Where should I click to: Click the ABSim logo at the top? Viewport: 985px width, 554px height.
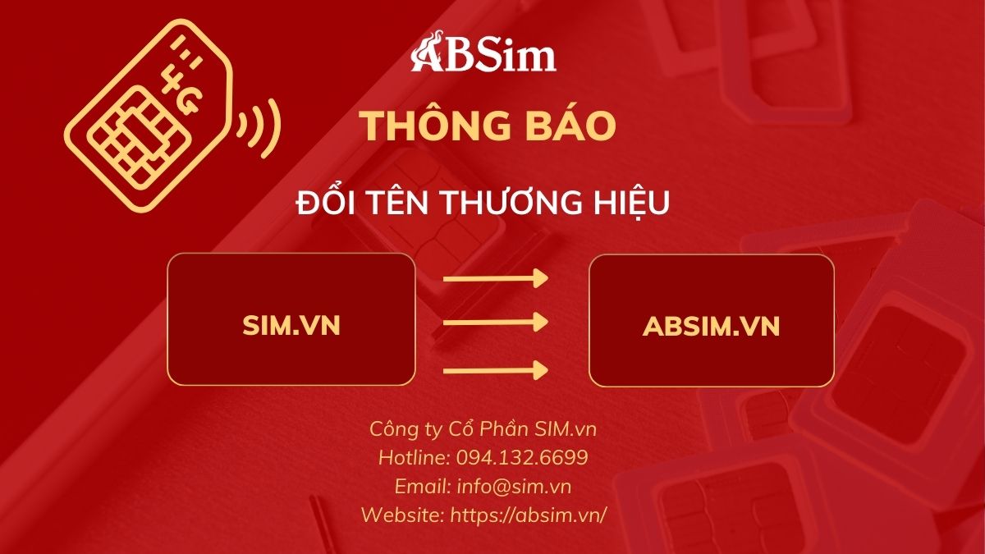483,52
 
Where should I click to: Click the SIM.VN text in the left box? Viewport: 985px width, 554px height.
291,326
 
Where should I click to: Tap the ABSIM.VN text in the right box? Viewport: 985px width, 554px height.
711,327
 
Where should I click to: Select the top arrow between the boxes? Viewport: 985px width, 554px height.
496,279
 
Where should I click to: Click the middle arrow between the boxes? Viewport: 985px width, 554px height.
496,323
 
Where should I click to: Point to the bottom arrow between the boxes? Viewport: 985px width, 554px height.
496,371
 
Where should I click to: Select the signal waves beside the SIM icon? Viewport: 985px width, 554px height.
259,128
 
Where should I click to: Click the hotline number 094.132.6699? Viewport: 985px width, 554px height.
522,458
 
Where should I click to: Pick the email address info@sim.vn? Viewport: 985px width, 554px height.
514,487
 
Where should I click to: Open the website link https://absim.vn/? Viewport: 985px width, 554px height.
528,515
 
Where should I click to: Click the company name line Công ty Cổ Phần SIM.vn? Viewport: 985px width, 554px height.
483,429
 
